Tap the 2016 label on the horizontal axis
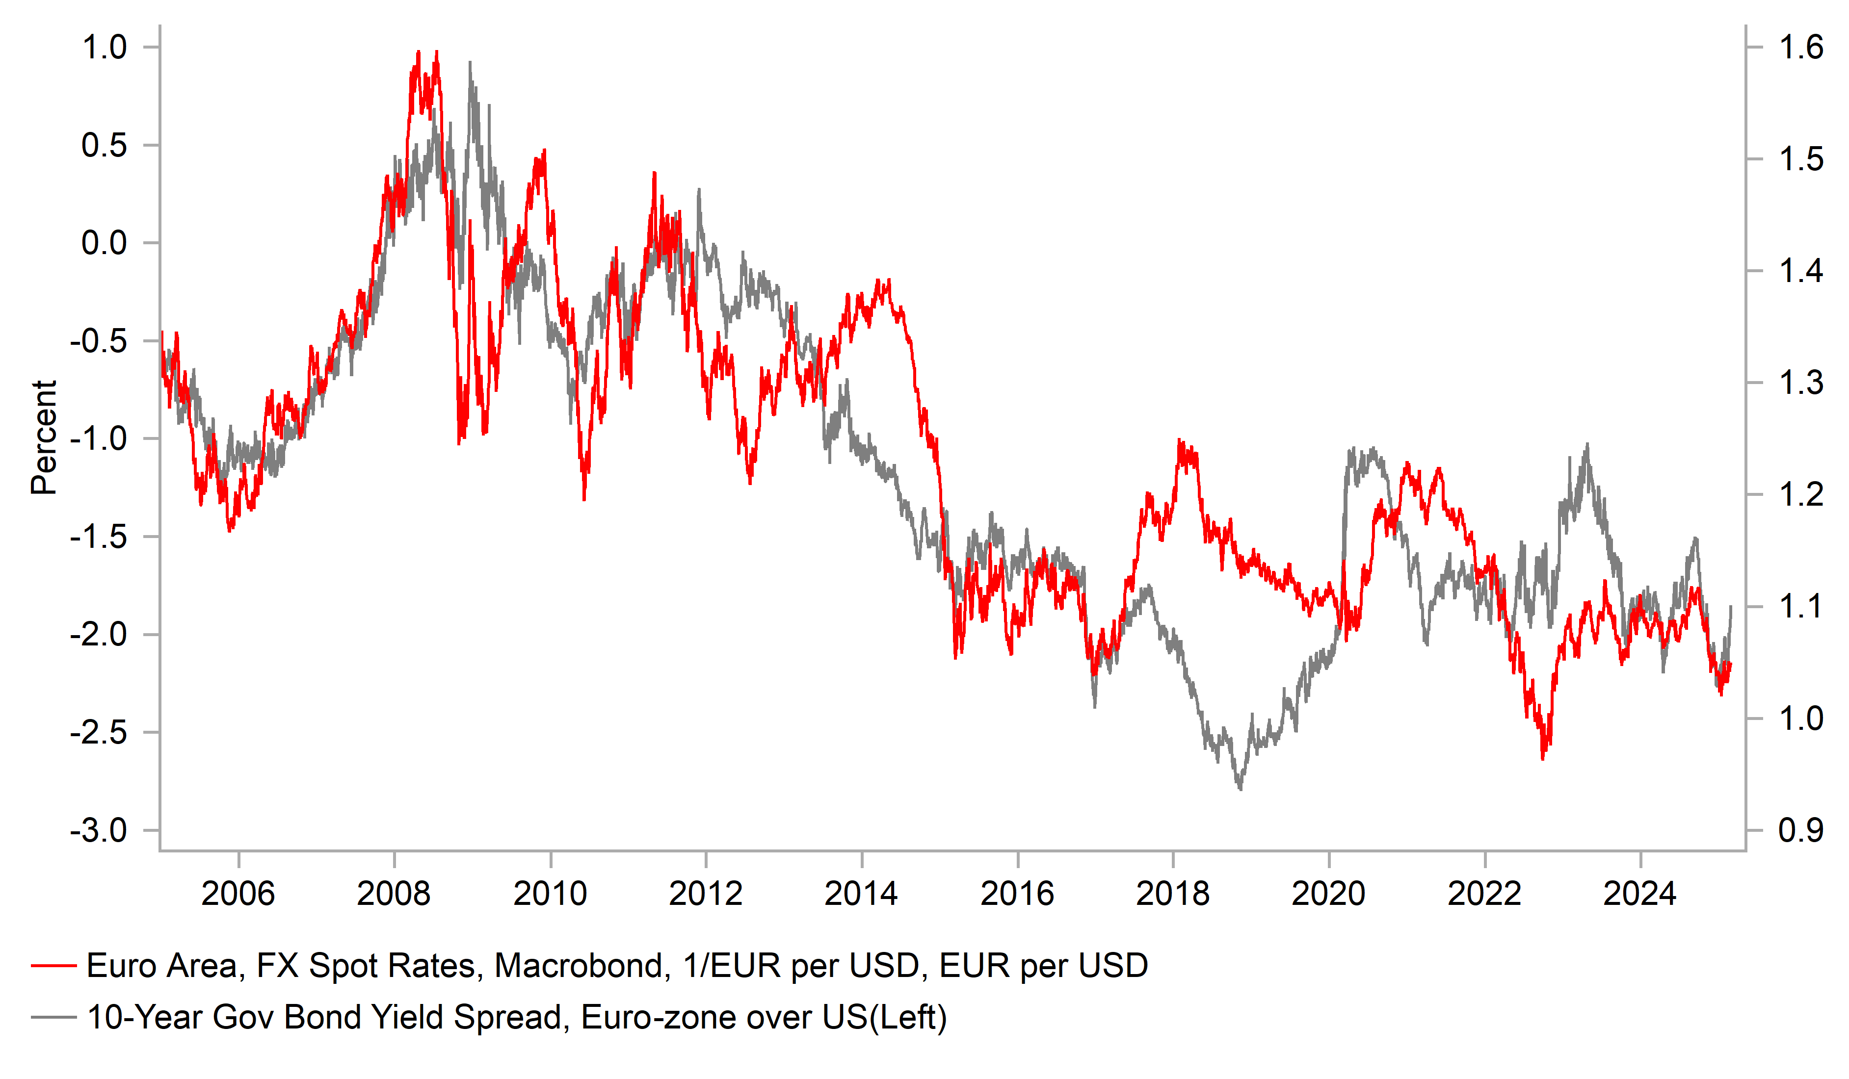(x=1017, y=894)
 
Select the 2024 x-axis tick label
(x=1640, y=894)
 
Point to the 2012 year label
(x=705, y=894)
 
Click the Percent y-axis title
(x=44, y=438)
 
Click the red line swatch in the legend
(x=53, y=966)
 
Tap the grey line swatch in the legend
(x=53, y=1017)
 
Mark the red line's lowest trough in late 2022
(x=1542, y=758)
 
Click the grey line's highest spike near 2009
(x=470, y=63)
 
